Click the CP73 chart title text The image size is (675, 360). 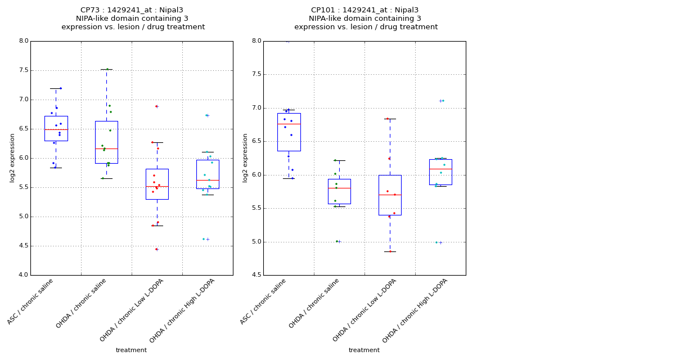(133, 19)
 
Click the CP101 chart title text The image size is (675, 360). (366, 19)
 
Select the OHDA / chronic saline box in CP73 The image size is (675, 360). (106, 142)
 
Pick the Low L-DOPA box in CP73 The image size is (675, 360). (157, 184)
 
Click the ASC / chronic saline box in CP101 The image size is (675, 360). (289, 132)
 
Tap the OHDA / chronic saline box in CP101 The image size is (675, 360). (339, 191)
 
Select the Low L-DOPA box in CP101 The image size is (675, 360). (390, 195)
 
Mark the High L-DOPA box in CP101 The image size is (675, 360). (440, 172)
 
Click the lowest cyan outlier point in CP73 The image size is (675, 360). (204, 239)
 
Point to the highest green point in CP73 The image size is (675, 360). (107, 69)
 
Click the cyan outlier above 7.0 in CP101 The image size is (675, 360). (443, 101)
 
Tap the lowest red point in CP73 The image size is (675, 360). (156, 249)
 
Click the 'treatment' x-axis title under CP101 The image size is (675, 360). (364, 350)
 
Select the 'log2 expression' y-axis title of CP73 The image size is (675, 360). (12, 157)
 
